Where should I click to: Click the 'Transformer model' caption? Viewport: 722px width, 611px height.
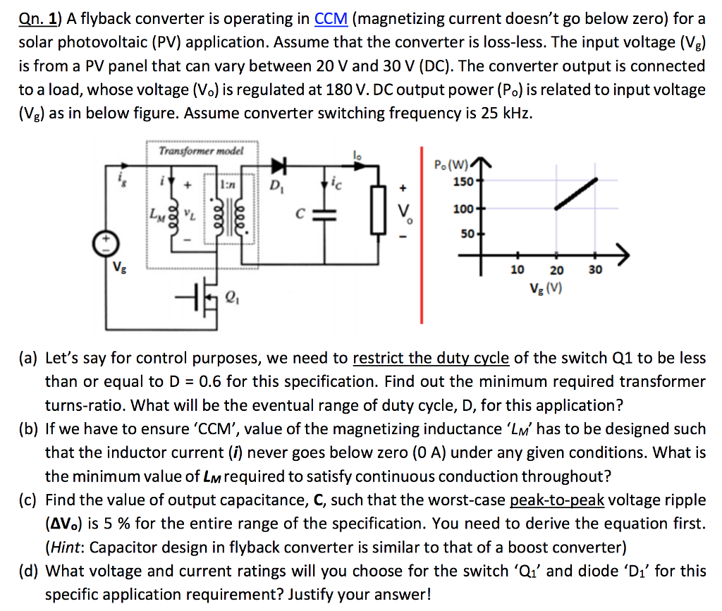(x=201, y=152)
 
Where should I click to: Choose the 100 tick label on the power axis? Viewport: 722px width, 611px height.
(x=463, y=209)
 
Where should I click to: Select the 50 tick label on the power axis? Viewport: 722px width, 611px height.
(x=465, y=234)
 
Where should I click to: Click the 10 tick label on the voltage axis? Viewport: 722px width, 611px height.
(x=517, y=271)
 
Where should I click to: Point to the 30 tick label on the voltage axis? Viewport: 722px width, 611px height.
(x=596, y=271)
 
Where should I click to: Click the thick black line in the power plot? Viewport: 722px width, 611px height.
(x=576, y=194)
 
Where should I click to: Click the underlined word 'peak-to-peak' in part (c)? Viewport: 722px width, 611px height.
(x=557, y=500)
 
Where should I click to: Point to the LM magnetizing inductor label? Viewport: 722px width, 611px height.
(x=157, y=213)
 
